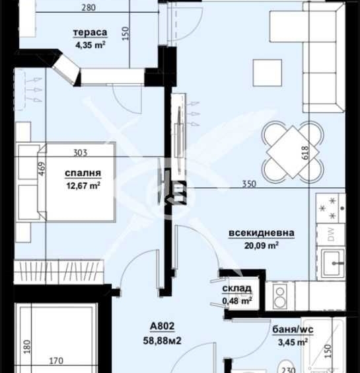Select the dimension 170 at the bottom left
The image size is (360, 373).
click(55, 361)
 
